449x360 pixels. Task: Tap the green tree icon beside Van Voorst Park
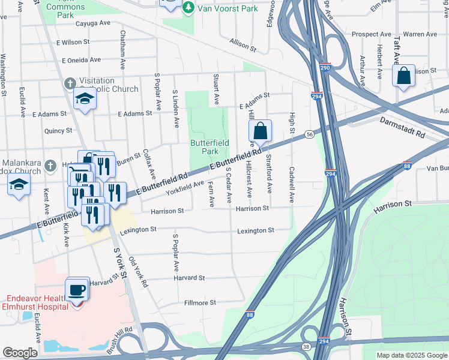[188, 7]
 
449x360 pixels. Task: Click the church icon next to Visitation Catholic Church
[70, 83]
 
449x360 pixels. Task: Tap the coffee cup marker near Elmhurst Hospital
[77, 290]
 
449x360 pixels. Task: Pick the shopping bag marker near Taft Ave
[403, 77]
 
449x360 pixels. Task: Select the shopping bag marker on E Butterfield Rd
[260, 131]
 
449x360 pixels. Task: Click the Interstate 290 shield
[325, 68]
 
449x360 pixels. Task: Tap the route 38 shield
[307, 347]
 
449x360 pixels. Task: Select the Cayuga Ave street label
[93, 24]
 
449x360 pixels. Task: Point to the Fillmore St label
[200, 303]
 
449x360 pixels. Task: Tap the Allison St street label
[243, 44]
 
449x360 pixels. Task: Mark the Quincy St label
[58, 130]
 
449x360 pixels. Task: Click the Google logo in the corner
[20, 353]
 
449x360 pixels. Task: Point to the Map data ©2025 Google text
[411, 355]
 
